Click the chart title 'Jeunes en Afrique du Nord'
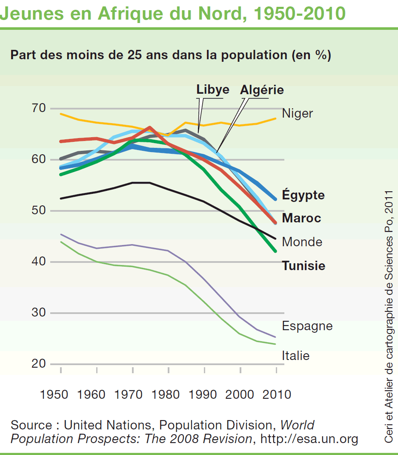coord(172,14)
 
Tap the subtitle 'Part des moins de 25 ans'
coord(170,55)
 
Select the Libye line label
coord(212,89)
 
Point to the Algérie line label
coord(262,90)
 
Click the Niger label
coord(298,113)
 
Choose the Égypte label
coord(303,195)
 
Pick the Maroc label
coord(301,218)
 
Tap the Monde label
coord(302,242)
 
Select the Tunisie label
coord(304,266)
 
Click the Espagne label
coord(307,326)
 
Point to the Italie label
coord(295,355)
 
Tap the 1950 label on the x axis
coord(54,394)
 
